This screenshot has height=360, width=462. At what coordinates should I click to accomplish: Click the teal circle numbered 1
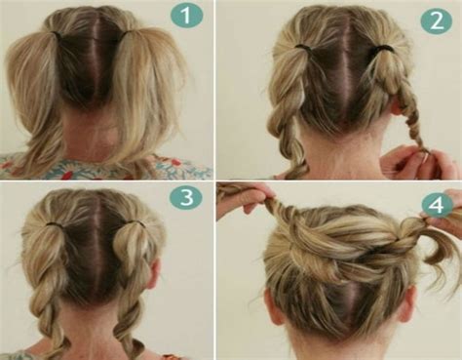tap(186, 16)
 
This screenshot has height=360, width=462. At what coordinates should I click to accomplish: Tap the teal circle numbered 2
tap(436, 20)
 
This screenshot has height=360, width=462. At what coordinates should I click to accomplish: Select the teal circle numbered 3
tap(186, 197)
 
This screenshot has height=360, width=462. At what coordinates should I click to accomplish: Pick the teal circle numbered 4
tap(437, 205)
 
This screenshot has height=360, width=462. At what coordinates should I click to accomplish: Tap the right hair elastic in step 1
tap(131, 32)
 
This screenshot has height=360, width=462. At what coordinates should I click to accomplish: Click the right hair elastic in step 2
tap(383, 49)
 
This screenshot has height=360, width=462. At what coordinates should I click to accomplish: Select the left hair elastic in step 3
tap(55, 224)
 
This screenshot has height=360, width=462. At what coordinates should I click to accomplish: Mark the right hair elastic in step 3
tap(135, 223)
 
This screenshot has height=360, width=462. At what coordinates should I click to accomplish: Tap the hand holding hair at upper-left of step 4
tap(243, 199)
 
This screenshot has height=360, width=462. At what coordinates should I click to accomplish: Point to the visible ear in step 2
tap(398, 106)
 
